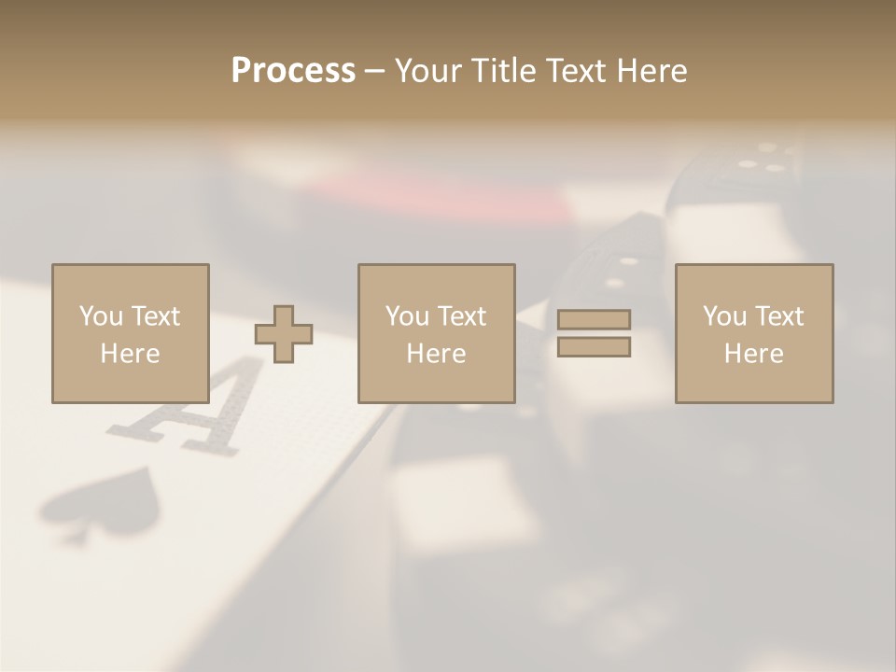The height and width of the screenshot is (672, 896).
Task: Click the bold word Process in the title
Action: click(293, 71)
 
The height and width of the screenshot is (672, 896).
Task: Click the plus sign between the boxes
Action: click(284, 334)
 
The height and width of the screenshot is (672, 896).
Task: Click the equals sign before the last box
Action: click(594, 333)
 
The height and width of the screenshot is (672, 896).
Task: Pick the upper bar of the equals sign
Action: click(594, 319)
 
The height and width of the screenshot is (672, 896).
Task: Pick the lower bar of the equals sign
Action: click(594, 347)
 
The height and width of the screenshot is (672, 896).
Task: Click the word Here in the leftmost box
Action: click(130, 354)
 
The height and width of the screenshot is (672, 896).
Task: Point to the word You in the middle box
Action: click(407, 316)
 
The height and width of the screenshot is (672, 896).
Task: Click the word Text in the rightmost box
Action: click(779, 316)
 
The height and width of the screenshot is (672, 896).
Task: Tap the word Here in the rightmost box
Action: click(753, 354)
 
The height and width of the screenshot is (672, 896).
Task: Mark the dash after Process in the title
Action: click(374, 71)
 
